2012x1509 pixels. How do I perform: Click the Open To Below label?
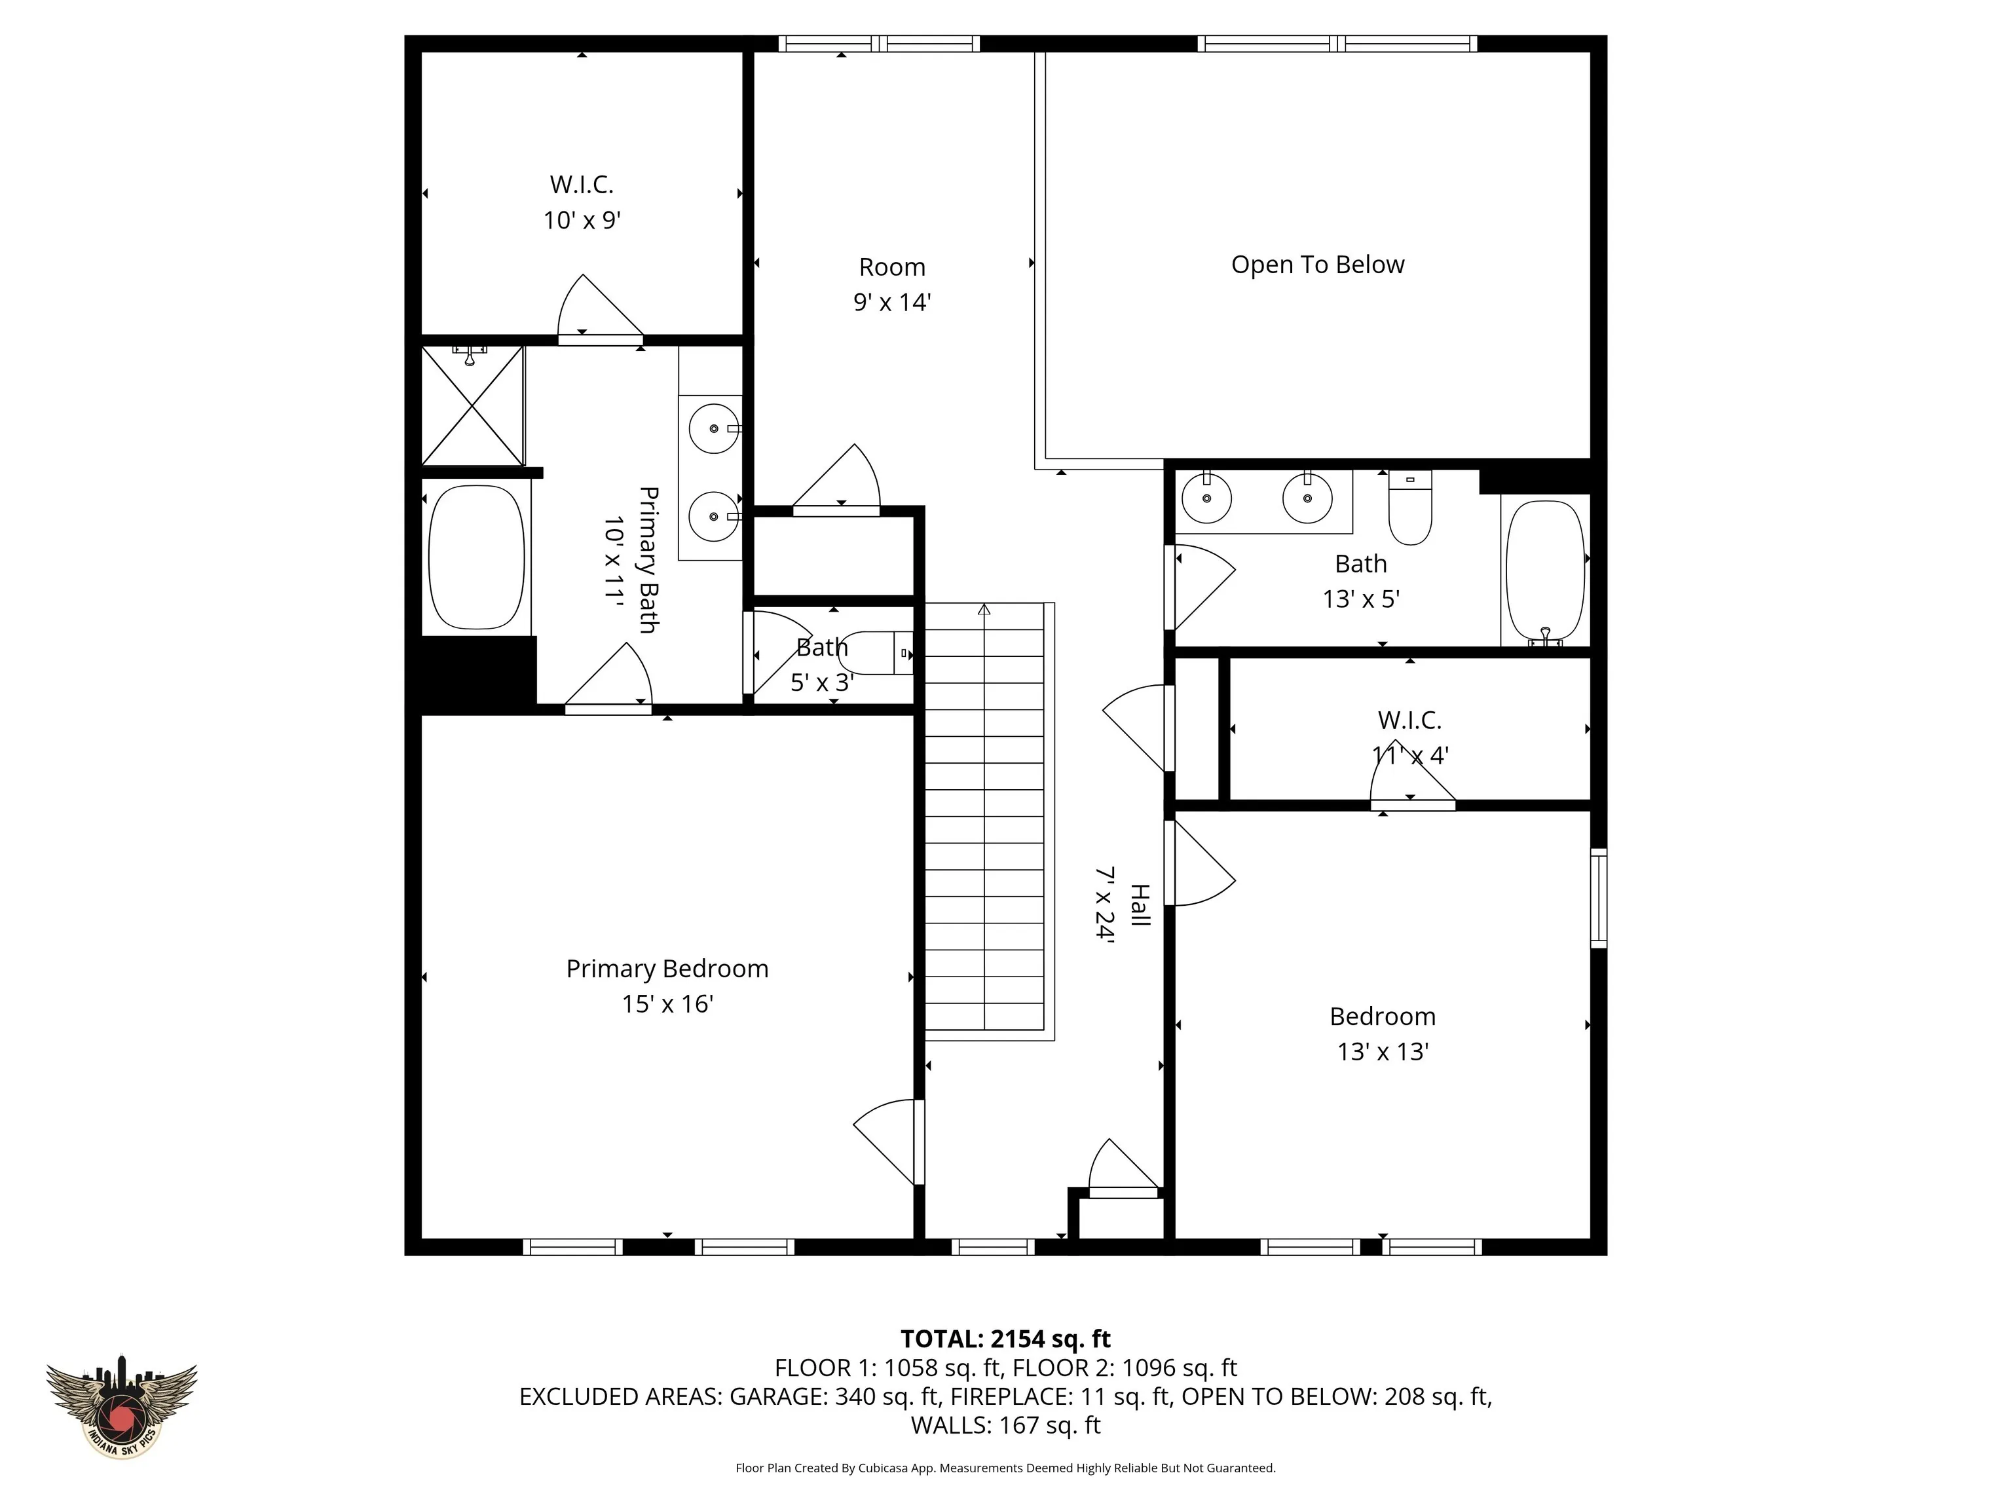(1317, 265)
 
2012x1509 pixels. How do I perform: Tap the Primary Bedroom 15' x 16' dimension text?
(667, 1004)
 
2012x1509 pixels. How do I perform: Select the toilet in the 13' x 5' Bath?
(1410, 508)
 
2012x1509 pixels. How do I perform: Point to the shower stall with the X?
(473, 405)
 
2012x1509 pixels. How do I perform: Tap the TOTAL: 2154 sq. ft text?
(1005, 1339)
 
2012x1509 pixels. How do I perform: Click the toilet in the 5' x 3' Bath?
(875, 653)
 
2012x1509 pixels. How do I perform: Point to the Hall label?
(1140, 905)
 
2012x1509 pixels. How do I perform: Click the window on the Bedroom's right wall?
(1598, 898)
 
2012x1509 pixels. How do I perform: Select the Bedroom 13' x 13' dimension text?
(1383, 1051)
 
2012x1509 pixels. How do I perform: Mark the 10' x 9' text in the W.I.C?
(582, 220)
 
